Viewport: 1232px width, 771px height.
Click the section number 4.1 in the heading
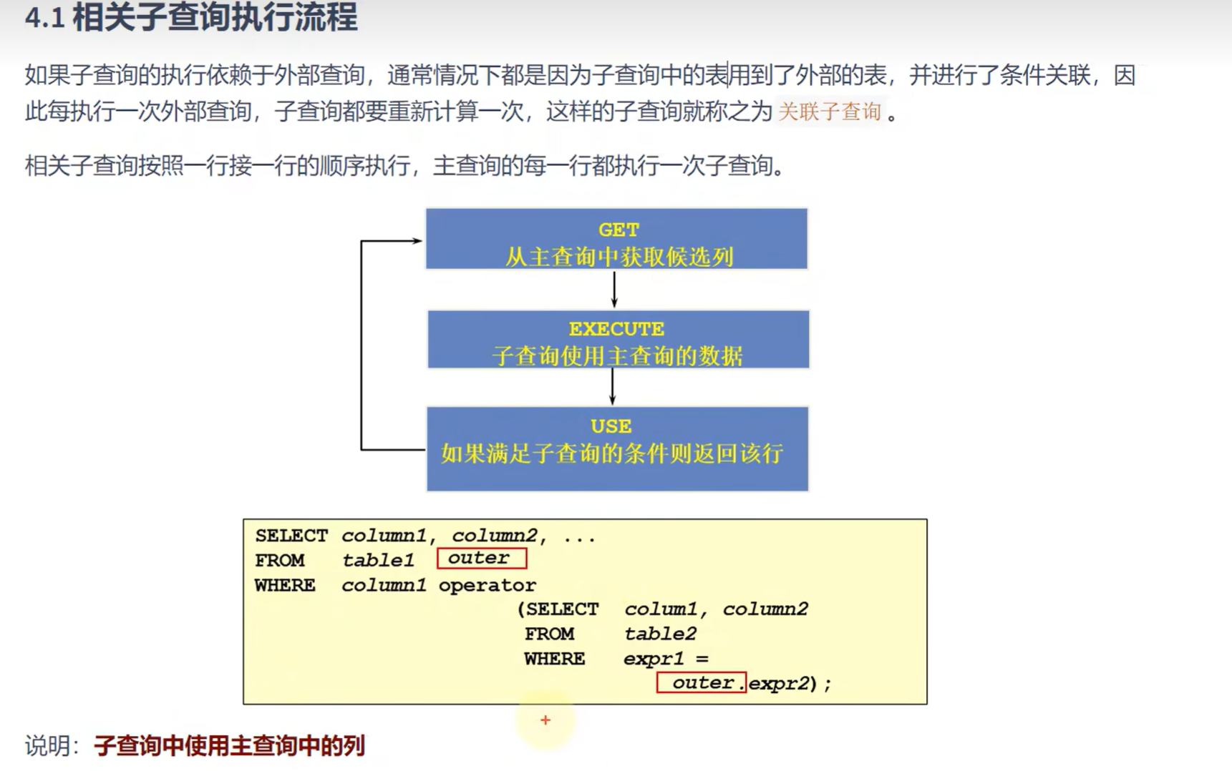coord(44,18)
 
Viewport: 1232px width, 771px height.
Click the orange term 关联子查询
coord(829,112)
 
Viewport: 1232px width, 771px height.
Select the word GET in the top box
coord(618,230)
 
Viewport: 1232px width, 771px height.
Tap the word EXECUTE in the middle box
coord(616,329)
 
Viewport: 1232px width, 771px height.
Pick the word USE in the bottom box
coord(611,426)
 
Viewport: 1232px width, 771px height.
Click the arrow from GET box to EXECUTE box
coord(614,290)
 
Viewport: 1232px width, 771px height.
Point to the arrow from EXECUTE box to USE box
coord(612,387)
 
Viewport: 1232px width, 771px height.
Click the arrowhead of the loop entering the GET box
coord(417,241)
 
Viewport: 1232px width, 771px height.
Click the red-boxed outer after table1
coord(480,558)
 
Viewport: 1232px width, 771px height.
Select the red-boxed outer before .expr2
coord(702,682)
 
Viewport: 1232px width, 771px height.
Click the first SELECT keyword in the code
coord(291,536)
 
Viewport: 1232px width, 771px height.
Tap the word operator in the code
coord(487,585)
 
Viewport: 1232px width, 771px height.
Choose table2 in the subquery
coord(659,634)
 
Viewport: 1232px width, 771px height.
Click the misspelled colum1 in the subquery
coord(660,609)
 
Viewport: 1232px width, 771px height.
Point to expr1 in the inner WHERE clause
coord(653,658)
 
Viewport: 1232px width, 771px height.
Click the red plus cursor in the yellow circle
coord(545,720)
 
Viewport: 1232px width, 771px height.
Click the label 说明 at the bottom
coord(47,746)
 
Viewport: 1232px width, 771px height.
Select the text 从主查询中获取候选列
coord(619,257)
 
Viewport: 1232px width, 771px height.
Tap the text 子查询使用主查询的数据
coord(617,355)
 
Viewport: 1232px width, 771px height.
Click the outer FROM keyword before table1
coord(279,560)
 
